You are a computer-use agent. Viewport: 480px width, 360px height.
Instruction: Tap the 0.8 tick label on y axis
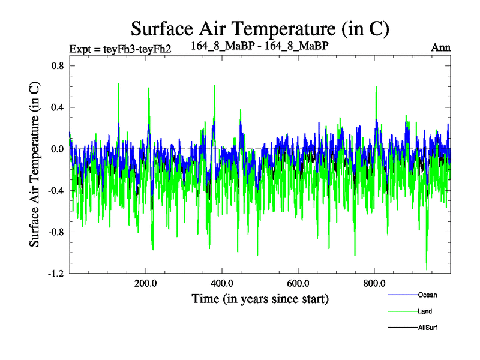(x=56, y=66)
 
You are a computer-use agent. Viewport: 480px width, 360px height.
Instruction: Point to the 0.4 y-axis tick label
(x=56, y=107)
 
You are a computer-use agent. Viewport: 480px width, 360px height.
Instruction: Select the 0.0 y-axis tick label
(x=56, y=149)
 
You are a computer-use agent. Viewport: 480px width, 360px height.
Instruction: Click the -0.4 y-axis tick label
(x=55, y=190)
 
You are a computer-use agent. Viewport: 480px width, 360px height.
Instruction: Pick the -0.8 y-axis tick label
(x=55, y=232)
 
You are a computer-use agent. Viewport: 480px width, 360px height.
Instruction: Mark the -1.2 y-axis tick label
(x=55, y=273)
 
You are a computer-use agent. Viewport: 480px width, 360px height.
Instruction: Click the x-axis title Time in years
(x=260, y=298)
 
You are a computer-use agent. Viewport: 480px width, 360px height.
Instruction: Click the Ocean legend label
(x=427, y=295)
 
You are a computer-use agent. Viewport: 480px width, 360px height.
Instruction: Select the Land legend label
(x=425, y=311)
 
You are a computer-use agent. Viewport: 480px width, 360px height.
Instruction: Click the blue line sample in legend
(x=402, y=295)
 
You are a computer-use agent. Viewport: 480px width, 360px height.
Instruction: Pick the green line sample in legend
(x=402, y=311)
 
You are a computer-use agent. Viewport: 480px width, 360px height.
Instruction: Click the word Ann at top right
(x=441, y=47)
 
